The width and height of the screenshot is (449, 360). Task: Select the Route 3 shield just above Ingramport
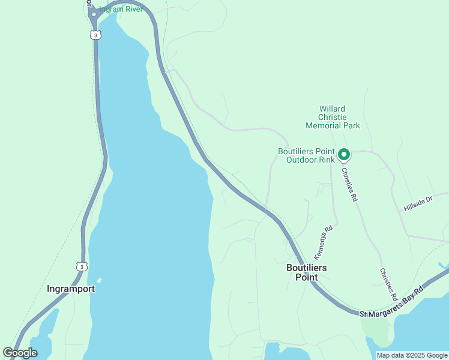82,266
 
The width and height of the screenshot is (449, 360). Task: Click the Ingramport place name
71,289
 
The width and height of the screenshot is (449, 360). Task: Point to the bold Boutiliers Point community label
306,272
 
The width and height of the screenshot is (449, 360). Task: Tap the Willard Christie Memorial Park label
333,117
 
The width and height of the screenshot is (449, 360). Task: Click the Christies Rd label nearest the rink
349,184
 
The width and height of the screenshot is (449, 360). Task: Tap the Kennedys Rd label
323,242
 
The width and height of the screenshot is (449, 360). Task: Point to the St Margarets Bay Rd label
391,302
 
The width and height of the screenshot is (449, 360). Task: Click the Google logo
20,352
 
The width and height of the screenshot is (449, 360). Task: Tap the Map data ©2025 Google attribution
412,355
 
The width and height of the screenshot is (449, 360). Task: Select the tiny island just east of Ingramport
98,280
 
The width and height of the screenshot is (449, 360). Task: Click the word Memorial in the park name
324,125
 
